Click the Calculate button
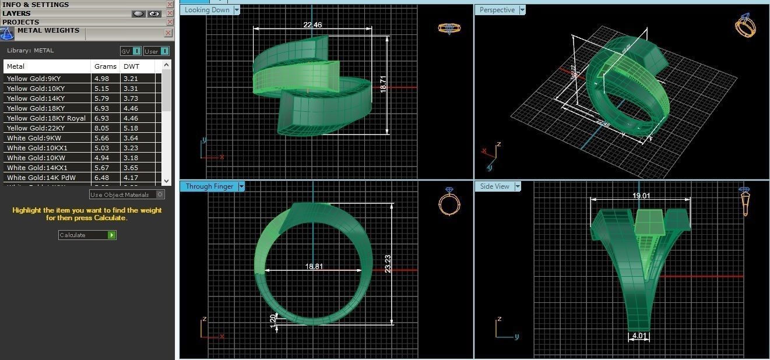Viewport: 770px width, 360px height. (x=87, y=235)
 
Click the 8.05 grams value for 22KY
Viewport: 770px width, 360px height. (x=101, y=128)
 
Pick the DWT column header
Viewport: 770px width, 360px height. (x=131, y=66)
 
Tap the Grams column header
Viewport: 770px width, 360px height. (x=105, y=66)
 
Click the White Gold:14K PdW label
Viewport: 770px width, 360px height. (x=41, y=178)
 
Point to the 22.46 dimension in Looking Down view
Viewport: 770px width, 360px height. (x=312, y=25)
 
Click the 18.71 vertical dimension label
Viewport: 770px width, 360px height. (x=383, y=84)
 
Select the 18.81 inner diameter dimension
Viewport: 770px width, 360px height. (x=314, y=267)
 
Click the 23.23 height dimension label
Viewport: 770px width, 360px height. (x=388, y=263)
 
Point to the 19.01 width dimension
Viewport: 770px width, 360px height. (x=641, y=196)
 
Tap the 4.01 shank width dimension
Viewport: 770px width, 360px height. (x=639, y=336)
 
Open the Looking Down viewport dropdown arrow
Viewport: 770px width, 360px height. (x=236, y=10)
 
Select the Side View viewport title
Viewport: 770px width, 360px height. (x=494, y=186)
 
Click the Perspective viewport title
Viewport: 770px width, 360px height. (x=497, y=10)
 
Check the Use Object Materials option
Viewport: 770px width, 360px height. (x=160, y=195)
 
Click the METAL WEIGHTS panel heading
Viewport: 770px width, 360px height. (x=48, y=31)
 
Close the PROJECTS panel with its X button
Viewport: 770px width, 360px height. (x=170, y=22)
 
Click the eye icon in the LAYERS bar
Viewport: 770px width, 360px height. (x=154, y=13)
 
